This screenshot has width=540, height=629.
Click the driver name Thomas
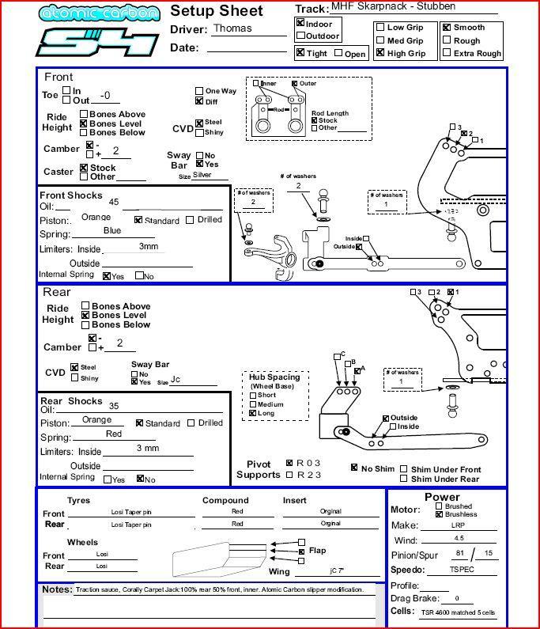tap(232, 28)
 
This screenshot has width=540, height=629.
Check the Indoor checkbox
tap(300, 24)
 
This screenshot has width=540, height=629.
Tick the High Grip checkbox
tap(381, 53)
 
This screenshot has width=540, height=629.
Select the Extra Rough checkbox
tap(447, 53)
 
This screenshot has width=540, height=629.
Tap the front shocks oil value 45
tap(114, 202)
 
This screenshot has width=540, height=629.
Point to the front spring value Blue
tap(112, 231)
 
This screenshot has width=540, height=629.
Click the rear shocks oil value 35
tap(114, 405)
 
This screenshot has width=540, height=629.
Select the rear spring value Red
tap(114, 434)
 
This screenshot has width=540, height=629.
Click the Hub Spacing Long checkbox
tap(252, 413)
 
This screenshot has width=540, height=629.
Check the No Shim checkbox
tap(354, 468)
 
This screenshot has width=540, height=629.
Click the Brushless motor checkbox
tap(440, 514)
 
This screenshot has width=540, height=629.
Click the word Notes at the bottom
tap(57, 589)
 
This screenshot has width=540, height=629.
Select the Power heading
tap(442, 498)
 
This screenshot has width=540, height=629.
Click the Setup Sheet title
tap(216, 10)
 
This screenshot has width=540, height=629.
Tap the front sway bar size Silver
tap(202, 175)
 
